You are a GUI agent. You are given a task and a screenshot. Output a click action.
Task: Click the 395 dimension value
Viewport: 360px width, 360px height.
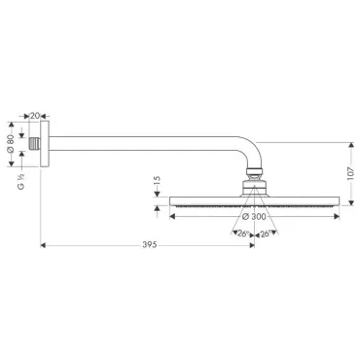(150, 245)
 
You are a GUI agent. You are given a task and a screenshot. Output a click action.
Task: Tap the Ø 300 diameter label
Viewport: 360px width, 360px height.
(254, 217)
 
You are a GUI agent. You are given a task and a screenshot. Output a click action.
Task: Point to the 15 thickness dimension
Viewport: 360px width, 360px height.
(158, 181)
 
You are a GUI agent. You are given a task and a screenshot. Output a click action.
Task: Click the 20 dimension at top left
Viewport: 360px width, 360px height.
(35, 116)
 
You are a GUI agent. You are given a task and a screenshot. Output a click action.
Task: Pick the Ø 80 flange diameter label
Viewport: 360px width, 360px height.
(11, 144)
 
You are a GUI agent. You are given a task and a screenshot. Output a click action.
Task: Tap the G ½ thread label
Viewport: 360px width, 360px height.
(21, 182)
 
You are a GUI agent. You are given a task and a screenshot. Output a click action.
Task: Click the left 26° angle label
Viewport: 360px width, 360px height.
(243, 234)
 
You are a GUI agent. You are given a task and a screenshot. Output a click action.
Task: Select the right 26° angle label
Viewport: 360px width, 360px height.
(265, 234)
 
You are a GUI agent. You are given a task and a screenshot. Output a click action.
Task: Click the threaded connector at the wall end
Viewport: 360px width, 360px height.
(34, 143)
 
